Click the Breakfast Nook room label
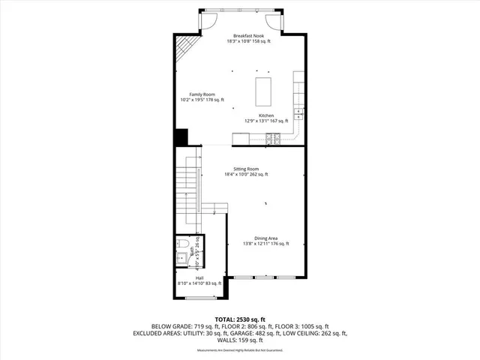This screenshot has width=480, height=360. [248, 36]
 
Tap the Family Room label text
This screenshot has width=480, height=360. [192, 94]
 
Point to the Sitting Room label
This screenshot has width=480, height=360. [246, 169]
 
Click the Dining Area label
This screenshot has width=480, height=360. [266, 238]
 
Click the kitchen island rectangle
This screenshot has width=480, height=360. [264, 90]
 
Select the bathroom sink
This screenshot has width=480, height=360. [181, 259]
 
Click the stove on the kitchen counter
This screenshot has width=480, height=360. [274, 138]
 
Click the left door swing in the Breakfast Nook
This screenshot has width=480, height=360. [210, 20]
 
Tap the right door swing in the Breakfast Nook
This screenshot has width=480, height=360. [287, 20]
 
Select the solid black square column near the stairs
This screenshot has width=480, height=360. [181, 138]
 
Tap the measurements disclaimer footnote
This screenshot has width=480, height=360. [240, 350]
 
